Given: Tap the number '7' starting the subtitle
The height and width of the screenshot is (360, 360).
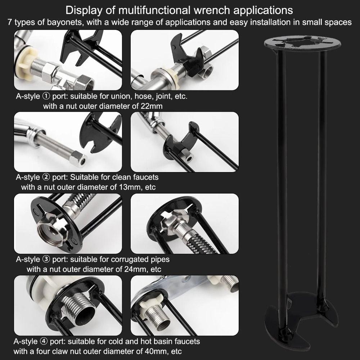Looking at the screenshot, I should (10, 22).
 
